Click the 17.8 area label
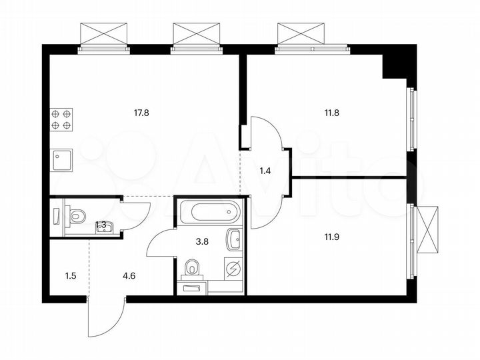pos(141,113)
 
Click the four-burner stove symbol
pos(61,119)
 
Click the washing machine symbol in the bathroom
pos(234,268)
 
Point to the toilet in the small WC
pos(77,216)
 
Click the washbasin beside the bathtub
pos(233,238)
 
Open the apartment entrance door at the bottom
pos(107,319)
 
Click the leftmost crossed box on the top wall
pos(103,34)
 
